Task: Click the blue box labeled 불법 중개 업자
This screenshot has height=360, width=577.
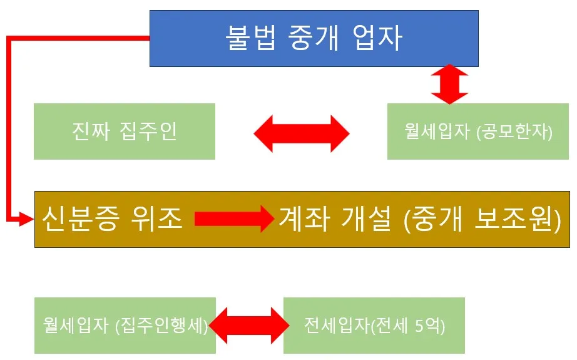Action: pyautogui.click(x=314, y=39)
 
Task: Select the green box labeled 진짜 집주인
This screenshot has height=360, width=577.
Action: pyautogui.click(x=125, y=131)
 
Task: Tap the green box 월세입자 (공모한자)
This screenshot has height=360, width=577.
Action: pyautogui.click(x=479, y=131)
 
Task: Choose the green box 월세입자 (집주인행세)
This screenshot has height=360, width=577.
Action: pyautogui.click(x=125, y=326)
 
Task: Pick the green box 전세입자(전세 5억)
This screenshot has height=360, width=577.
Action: pyautogui.click(x=374, y=326)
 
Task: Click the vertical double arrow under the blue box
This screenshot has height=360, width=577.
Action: pyautogui.click(x=449, y=85)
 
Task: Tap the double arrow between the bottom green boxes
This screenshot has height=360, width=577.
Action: pyautogui.click(x=250, y=326)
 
